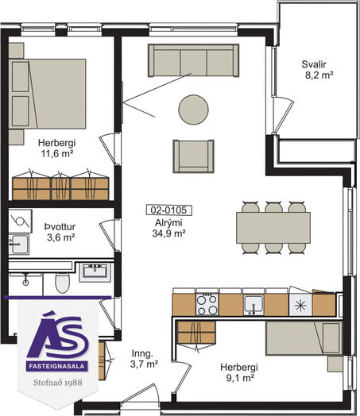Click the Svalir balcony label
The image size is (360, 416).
click(317, 70)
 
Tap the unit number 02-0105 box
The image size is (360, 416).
click(169, 210)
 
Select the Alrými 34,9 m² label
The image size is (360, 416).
click(168, 228)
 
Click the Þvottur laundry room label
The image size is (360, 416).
click(60, 232)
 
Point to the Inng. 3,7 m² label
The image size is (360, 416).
click(144, 359)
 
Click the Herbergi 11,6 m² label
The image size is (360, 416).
click(57, 148)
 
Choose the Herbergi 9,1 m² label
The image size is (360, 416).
click(239, 372)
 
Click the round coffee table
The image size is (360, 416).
click(193, 110)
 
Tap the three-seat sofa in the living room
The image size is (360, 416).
click(194, 60)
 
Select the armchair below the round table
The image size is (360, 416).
click(193, 156)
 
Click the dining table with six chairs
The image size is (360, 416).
click(273, 228)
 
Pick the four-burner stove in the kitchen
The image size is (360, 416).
click(207, 305)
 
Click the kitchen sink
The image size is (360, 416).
click(254, 305)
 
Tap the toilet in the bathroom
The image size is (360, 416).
click(63, 283)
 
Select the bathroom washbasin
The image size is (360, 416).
click(95, 272)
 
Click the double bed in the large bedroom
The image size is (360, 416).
click(47, 94)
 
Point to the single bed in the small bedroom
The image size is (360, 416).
click(304, 338)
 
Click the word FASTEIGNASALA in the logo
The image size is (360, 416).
click(56, 367)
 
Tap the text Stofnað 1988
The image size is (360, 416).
click(58, 383)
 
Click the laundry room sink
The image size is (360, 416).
click(19, 244)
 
